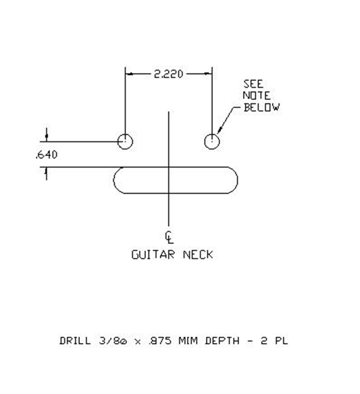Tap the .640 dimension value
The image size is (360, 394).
click(46, 155)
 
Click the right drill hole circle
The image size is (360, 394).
click(212, 141)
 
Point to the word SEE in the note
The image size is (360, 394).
click(253, 84)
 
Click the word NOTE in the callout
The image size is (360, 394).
click(256, 96)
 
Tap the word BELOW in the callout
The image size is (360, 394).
click(262, 107)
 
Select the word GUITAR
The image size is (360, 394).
click(153, 254)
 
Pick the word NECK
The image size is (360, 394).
click(197, 254)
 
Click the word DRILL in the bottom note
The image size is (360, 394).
click(75, 341)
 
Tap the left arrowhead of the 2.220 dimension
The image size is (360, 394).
click(130, 74)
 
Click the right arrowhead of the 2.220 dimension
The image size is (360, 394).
click(208, 74)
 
